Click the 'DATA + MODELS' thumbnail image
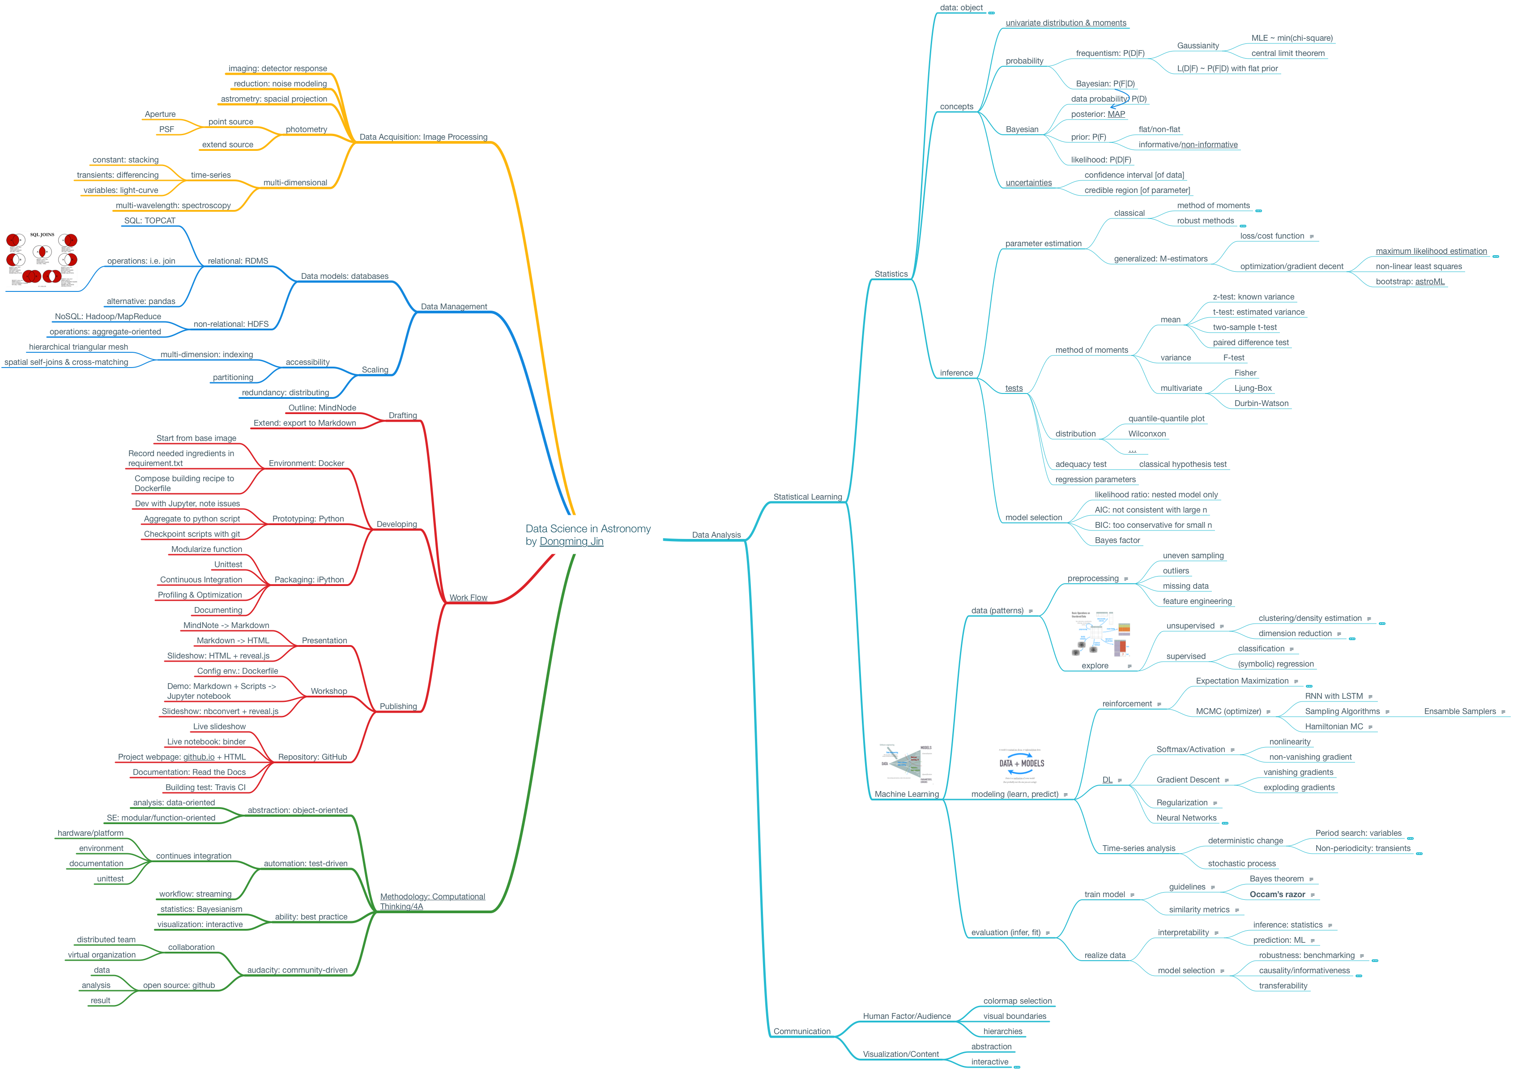(1021, 765)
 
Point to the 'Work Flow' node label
(468, 598)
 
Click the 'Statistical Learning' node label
(807, 497)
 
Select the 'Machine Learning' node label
(906, 794)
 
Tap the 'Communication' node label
(801, 1031)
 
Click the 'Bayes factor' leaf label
(1117, 540)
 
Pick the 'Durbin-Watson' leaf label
(1261, 403)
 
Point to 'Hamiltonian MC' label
(1334, 726)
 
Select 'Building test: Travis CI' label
(205, 787)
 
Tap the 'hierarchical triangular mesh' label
(78, 346)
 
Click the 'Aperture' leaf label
(160, 114)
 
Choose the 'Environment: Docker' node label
(307, 463)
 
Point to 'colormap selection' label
(1018, 1001)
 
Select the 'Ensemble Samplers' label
(1460, 711)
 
